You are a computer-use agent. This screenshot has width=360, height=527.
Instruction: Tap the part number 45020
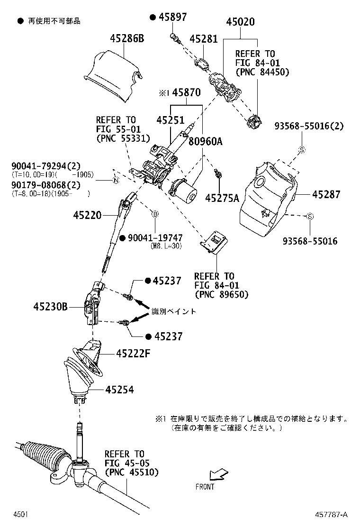pos(240,22)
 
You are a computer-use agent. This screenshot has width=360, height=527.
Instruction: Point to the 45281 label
pos(204,39)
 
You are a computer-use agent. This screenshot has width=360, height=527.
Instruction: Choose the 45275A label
pos(222,198)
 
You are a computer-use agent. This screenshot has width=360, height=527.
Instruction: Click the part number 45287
pos(326,194)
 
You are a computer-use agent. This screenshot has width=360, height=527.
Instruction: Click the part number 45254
pos(119,390)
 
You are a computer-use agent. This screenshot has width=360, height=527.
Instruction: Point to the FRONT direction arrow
pos(218,474)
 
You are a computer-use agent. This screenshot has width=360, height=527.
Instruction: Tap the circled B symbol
pos(154,214)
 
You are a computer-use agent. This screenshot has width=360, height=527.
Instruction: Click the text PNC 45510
pos(132,472)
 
